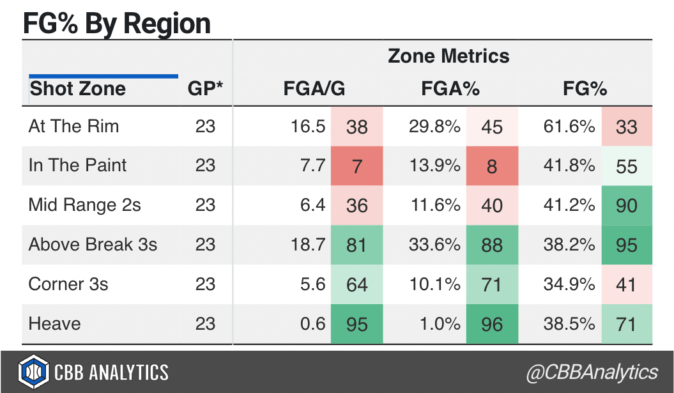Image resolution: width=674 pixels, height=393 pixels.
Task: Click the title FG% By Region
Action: (x=116, y=23)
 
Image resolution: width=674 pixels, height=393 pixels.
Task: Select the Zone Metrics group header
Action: (x=448, y=56)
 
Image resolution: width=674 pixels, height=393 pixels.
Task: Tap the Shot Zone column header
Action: (x=77, y=88)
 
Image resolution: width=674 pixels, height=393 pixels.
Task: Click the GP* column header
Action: (x=205, y=89)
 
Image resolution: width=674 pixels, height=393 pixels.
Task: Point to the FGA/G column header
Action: (x=314, y=89)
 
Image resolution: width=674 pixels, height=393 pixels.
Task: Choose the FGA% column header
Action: (x=450, y=89)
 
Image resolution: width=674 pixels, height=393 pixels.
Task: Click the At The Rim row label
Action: (x=73, y=126)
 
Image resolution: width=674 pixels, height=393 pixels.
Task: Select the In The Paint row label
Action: (x=77, y=166)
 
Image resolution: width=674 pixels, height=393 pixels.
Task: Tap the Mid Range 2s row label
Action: (x=84, y=205)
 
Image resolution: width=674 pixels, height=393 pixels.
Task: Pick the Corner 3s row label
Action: (x=68, y=284)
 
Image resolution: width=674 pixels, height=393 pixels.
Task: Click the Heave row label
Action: (x=54, y=323)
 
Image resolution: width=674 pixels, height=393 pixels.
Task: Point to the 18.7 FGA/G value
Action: (x=312, y=245)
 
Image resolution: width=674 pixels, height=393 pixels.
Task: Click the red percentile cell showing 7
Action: (x=356, y=166)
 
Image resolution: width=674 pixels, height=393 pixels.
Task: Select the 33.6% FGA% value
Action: (x=434, y=245)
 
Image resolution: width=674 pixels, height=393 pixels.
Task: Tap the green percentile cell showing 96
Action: (x=492, y=324)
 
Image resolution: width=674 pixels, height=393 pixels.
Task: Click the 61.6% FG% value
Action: (x=569, y=127)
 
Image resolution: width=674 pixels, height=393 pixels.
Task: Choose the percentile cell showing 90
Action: (x=627, y=206)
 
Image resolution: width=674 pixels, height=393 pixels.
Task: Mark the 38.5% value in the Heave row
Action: (x=569, y=324)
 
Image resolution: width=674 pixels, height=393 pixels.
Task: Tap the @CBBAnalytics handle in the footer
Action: (x=592, y=373)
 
